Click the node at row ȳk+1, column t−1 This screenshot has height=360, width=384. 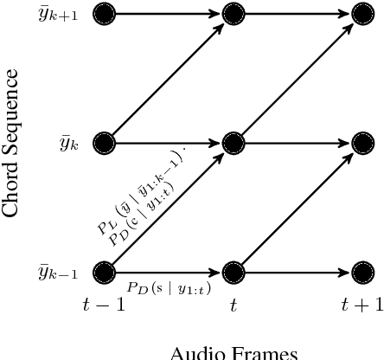pos(104,13)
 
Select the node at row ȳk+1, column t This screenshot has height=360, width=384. pos(234,13)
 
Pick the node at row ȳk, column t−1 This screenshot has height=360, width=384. pos(104,143)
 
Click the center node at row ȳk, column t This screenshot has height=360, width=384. pos(234,143)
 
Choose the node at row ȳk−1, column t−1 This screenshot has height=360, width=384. pos(104,272)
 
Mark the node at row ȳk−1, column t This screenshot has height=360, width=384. pos(234,272)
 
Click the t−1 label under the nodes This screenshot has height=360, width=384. pos(104,303)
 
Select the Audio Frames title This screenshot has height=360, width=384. pos(234,351)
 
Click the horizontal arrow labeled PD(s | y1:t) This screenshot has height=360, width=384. pos(169,272)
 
